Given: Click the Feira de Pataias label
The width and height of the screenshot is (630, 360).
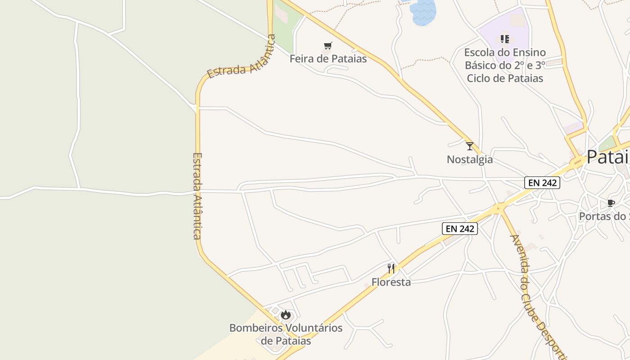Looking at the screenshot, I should coord(328,58).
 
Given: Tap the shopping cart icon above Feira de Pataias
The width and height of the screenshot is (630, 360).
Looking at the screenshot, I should coord(328,46).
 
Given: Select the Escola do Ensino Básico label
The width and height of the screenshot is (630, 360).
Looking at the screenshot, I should coord(505,65).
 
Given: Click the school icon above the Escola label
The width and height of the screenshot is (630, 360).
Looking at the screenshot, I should coord(505,39).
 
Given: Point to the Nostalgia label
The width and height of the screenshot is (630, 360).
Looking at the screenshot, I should coord(470,159).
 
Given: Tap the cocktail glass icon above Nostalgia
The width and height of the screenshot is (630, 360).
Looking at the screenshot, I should coord(470,146).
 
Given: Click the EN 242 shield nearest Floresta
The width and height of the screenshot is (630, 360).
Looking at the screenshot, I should coord(459,229).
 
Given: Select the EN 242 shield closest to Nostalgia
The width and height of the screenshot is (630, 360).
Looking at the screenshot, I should coord(542,183).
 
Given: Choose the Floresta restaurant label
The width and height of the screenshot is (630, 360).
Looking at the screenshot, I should coord(391,282).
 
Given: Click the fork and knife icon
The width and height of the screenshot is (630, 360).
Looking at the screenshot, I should coord(391,269).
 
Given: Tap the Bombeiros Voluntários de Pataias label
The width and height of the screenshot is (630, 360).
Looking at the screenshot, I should coord(286,334).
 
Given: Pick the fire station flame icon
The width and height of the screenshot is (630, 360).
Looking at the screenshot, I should coord(286,315).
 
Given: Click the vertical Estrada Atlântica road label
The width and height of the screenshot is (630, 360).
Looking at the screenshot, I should coord(197,196).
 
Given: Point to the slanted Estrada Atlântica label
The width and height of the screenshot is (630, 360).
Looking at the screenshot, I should coord(241,57).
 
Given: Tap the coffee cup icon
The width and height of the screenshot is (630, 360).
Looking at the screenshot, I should coord(611,203).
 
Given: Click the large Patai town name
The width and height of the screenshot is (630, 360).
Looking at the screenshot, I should coord(607,157).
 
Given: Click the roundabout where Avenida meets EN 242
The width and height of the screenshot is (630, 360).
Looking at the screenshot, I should coord(498,208).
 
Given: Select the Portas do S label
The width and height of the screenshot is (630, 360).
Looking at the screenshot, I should coord(604,216).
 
